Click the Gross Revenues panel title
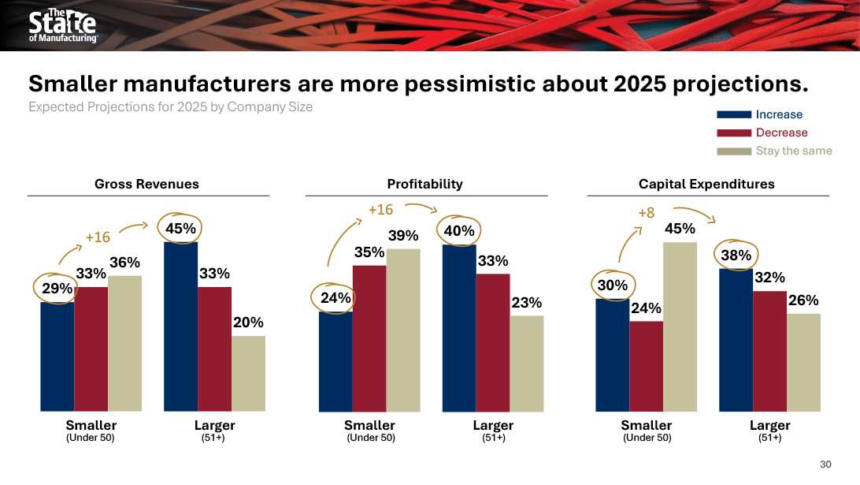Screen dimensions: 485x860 146,184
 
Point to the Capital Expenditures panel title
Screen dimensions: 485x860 706,184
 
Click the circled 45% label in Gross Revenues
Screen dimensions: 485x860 180,229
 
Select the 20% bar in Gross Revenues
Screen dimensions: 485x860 248,373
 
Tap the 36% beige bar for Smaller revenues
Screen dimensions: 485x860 124,343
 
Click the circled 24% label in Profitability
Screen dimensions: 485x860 335,298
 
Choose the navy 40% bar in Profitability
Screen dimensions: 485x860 459,327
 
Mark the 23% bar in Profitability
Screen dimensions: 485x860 526,363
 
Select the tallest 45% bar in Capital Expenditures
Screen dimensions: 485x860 680,326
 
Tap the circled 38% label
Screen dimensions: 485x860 736,255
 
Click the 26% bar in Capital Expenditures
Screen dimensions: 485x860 803,362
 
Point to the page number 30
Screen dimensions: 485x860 825,464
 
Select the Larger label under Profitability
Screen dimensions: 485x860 493,426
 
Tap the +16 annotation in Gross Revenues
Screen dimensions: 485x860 98,237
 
